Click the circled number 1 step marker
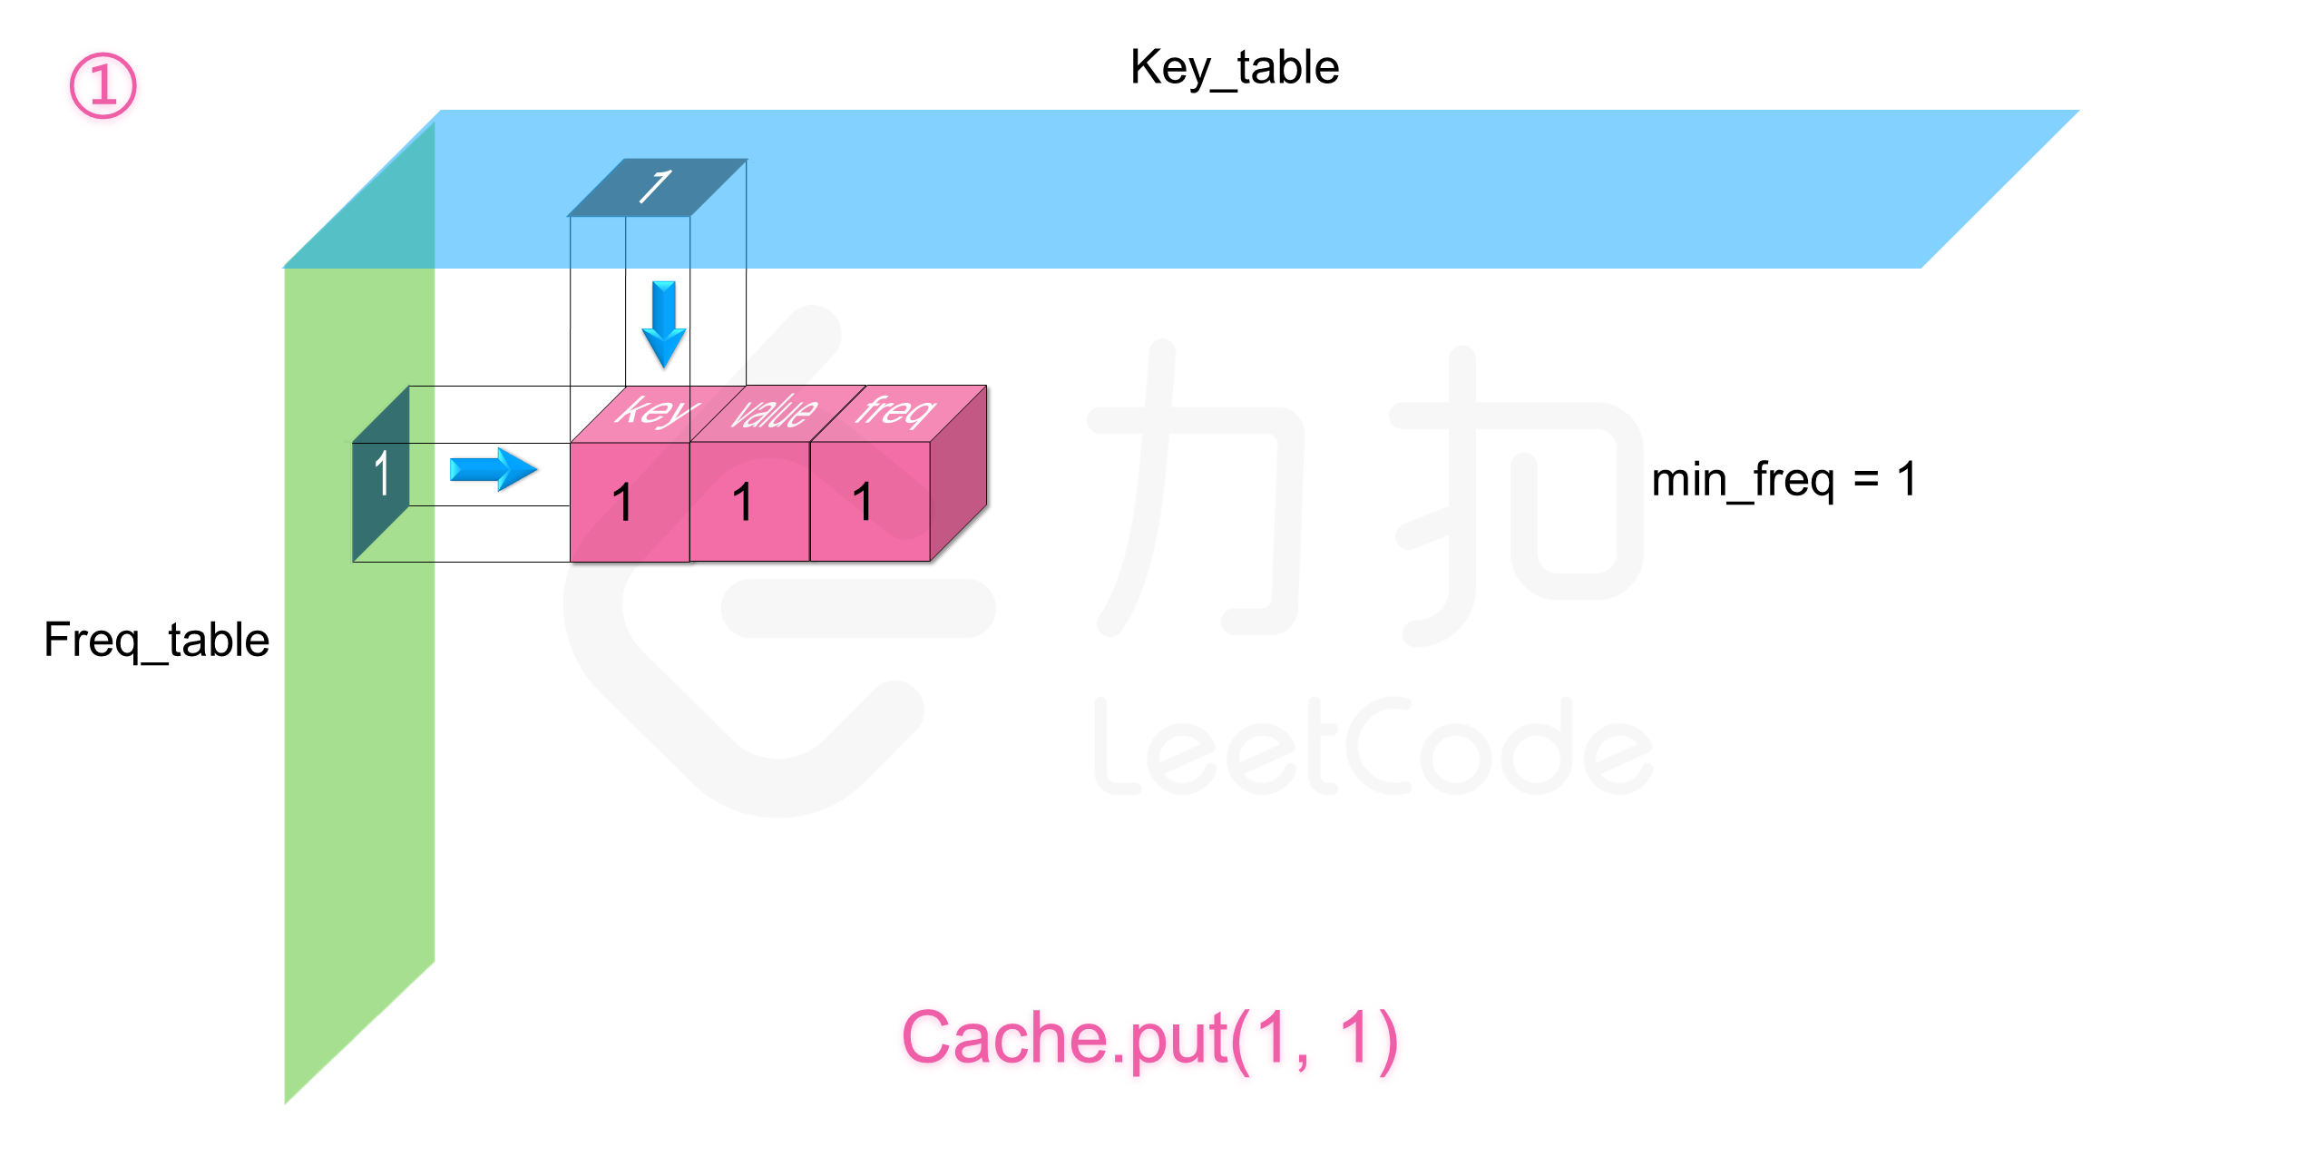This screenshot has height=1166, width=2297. click(x=103, y=85)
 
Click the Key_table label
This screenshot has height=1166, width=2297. click(x=1234, y=68)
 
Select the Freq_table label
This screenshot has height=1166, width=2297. click(x=156, y=641)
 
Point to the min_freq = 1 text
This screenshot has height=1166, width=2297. click(x=1784, y=480)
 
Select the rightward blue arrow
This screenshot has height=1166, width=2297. click(x=493, y=469)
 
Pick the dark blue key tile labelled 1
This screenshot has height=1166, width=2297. click(x=656, y=188)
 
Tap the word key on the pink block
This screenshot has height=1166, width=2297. click(x=655, y=411)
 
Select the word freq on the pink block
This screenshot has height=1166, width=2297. click(x=894, y=410)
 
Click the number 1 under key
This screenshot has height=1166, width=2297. click(x=622, y=503)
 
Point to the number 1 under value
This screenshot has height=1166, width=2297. click(x=742, y=503)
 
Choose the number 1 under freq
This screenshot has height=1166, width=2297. click(x=862, y=503)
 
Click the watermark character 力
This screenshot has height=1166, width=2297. click(x=1197, y=490)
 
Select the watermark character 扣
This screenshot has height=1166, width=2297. click(x=1515, y=495)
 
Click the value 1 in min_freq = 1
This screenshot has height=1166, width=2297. click(x=1907, y=479)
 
